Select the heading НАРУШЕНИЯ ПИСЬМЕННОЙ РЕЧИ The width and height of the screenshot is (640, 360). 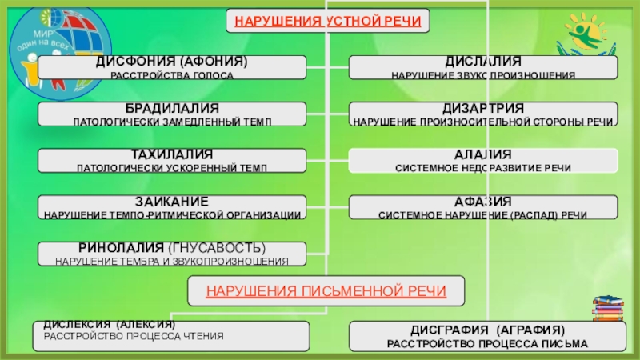[326, 290]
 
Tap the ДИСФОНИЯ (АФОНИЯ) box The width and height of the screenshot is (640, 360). [172, 67]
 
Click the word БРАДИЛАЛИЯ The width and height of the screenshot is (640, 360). [172, 107]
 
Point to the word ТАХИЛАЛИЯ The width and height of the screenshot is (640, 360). [172, 153]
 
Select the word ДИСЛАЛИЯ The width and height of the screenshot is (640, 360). [483, 62]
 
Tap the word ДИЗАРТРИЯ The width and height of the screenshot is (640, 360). [483, 107]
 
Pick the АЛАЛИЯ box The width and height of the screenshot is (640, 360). [483, 160]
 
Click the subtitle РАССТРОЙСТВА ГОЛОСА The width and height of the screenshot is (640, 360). [172, 75]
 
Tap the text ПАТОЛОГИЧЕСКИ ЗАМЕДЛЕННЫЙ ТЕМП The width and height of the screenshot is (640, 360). [172, 122]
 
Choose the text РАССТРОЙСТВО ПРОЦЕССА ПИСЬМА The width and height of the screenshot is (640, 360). [487, 343]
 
